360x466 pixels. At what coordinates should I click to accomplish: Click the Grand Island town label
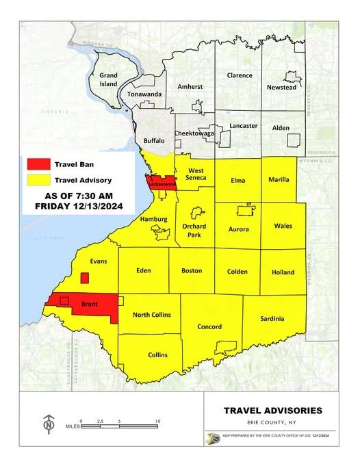pos(108,79)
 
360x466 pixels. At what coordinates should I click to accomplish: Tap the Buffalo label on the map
pos(153,141)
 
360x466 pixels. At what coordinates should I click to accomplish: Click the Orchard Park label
pos(194,229)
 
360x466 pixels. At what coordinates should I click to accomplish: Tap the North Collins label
pos(151,315)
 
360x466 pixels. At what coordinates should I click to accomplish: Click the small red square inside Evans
pos(84,278)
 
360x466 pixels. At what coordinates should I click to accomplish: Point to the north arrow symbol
pos(49,424)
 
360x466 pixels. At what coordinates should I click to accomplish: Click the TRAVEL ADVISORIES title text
pos(272,411)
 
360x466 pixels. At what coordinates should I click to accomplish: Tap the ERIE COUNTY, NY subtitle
pos(272,422)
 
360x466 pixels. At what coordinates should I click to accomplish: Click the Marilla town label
pos(279,180)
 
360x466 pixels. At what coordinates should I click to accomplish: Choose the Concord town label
pos(209,327)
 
